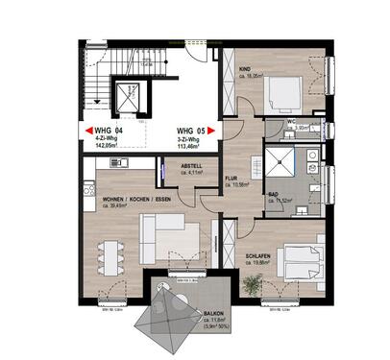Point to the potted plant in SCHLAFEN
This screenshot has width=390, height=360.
[x=253, y=285]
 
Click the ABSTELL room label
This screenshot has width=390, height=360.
[x=192, y=165]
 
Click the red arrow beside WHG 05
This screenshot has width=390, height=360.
[x=217, y=131]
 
